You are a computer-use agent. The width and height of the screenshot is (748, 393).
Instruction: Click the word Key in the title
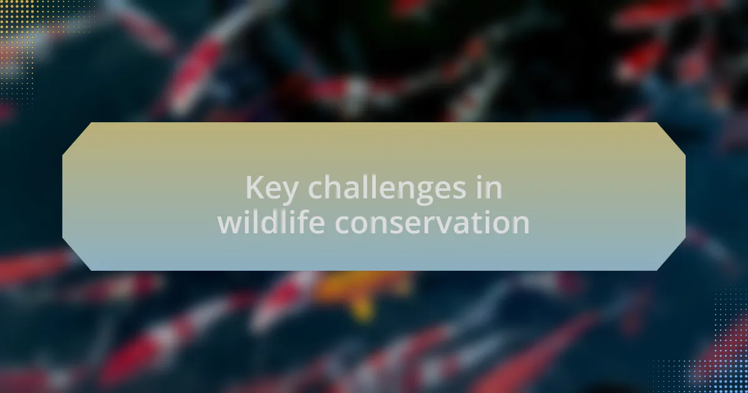pyautogui.click(x=272, y=189)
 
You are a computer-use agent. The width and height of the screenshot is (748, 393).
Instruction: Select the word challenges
pyautogui.click(x=386, y=189)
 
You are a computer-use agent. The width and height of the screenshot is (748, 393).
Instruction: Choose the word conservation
pyautogui.click(x=433, y=223)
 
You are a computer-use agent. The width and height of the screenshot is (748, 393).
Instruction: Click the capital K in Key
pyautogui.click(x=256, y=187)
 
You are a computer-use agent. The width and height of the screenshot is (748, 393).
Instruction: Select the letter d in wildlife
pyautogui.click(x=269, y=221)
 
